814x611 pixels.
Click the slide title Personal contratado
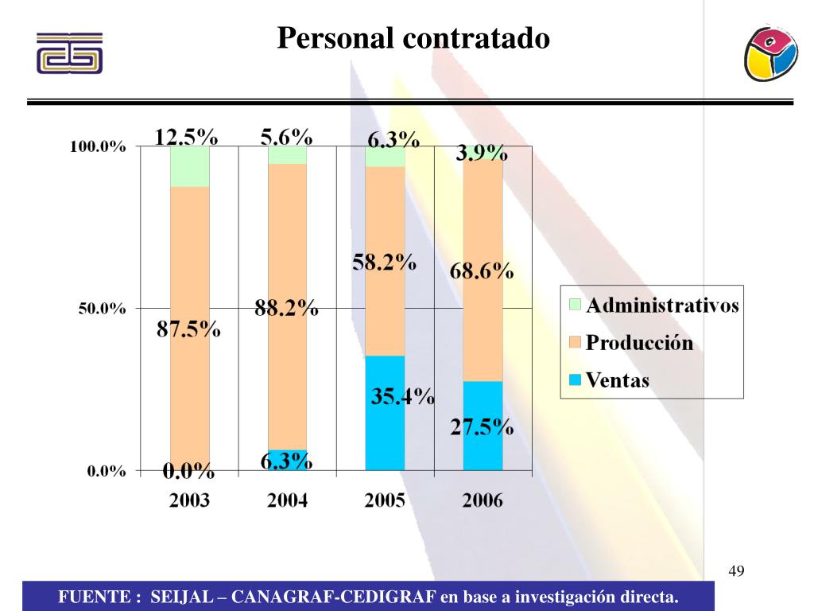(x=413, y=37)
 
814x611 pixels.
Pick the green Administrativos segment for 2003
(x=189, y=166)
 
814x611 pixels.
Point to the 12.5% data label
(x=186, y=137)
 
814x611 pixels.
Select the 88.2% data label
(x=286, y=308)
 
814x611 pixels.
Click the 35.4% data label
(x=402, y=395)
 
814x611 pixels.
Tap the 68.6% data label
(x=482, y=271)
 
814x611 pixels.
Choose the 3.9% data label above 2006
(x=481, y=153)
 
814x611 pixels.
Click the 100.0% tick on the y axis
(x=98, y=147)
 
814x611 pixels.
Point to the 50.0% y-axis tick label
(x=102, y=309)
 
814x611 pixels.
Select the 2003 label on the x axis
(x=189, y=500)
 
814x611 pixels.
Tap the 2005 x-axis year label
(x=385, y=500)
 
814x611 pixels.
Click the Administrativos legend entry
(x=662, y=305)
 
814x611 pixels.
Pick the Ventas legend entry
(x=618, y=380)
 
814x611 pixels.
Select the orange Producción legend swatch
(x=576, y=343)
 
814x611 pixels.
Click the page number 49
(x=735, y=571)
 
